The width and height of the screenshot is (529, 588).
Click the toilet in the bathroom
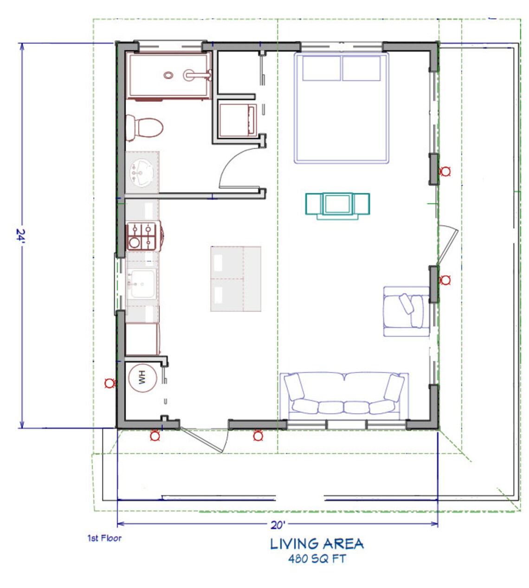(144, 126)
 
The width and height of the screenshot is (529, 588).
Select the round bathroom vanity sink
(141, 172)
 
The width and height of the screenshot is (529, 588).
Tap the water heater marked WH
(142, 378)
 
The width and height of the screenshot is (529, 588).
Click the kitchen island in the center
(236, 279)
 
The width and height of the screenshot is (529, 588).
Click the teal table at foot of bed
(337, 205)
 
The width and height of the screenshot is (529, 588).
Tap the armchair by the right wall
(405, 311)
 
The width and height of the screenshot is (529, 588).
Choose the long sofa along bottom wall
(344, 395)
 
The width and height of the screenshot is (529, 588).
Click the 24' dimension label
(20, 236)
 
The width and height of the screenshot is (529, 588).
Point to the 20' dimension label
(277, 525)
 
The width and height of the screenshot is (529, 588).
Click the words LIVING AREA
(317, 544)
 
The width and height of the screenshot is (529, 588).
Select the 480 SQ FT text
(317, 558)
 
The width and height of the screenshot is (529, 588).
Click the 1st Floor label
(104, 538)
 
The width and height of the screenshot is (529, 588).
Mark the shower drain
(168, 74)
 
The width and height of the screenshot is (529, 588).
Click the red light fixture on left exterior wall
(110, 383)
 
